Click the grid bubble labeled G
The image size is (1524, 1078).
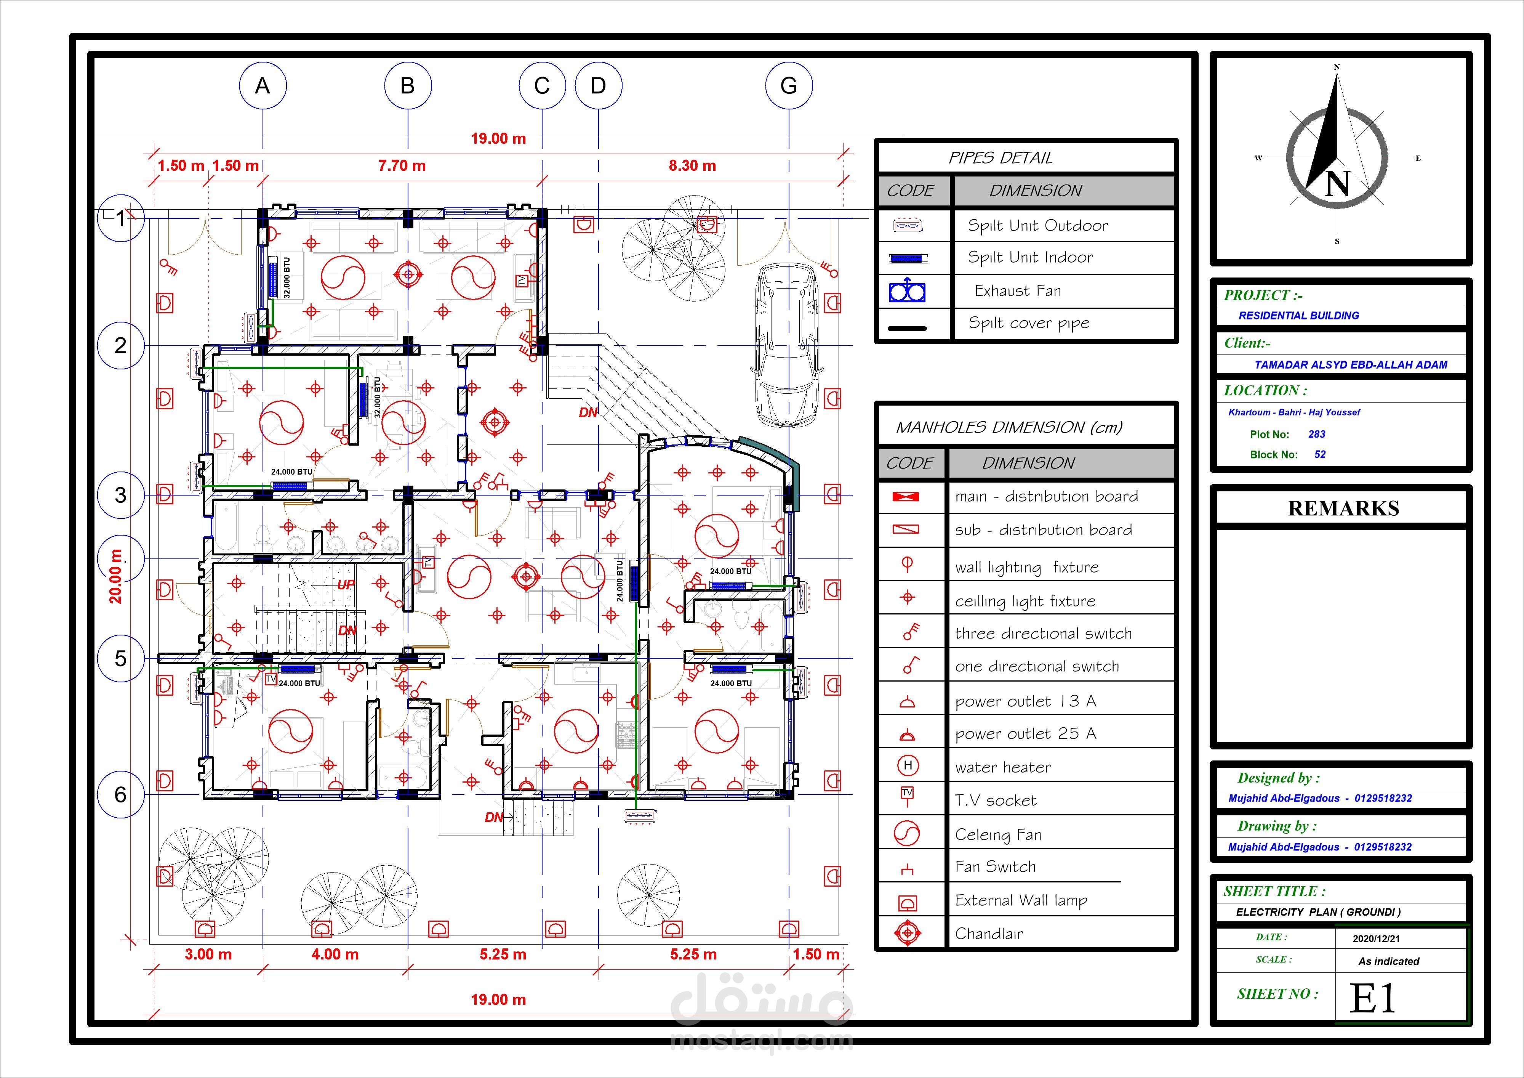coord(789,86)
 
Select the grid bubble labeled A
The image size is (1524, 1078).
coord(263,86)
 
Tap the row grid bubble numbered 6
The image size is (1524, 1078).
coord(120,794)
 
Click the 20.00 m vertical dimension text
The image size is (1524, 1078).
coord(116,576)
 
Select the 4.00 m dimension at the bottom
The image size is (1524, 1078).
coord(335,954)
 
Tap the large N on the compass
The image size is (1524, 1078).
coord(1337,183)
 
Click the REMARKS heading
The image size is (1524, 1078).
coord(1343,508)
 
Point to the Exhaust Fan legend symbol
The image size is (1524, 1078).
coord(908,292)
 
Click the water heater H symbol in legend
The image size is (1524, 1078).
coord(908,766)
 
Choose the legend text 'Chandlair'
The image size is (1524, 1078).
coord(989,934)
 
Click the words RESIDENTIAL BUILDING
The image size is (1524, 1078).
coord(1298,316)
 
